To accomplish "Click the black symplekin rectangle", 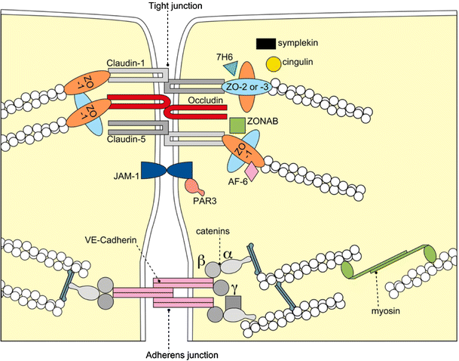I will point(266,45).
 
